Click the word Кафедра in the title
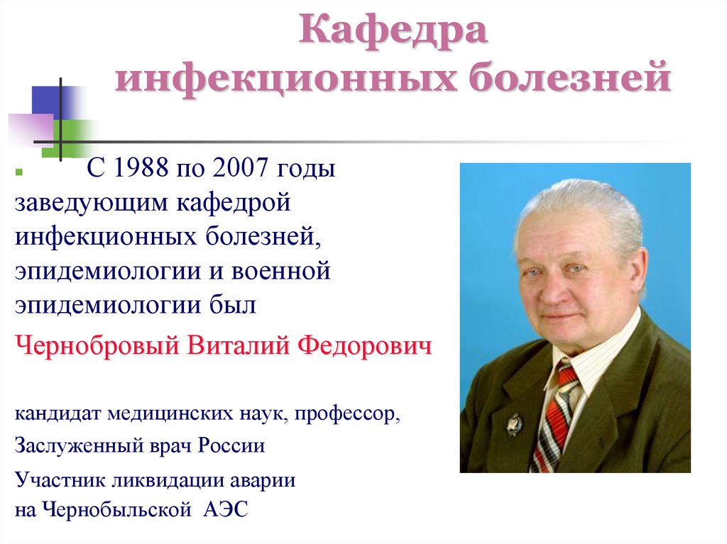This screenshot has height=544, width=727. [x=393, y=32]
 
